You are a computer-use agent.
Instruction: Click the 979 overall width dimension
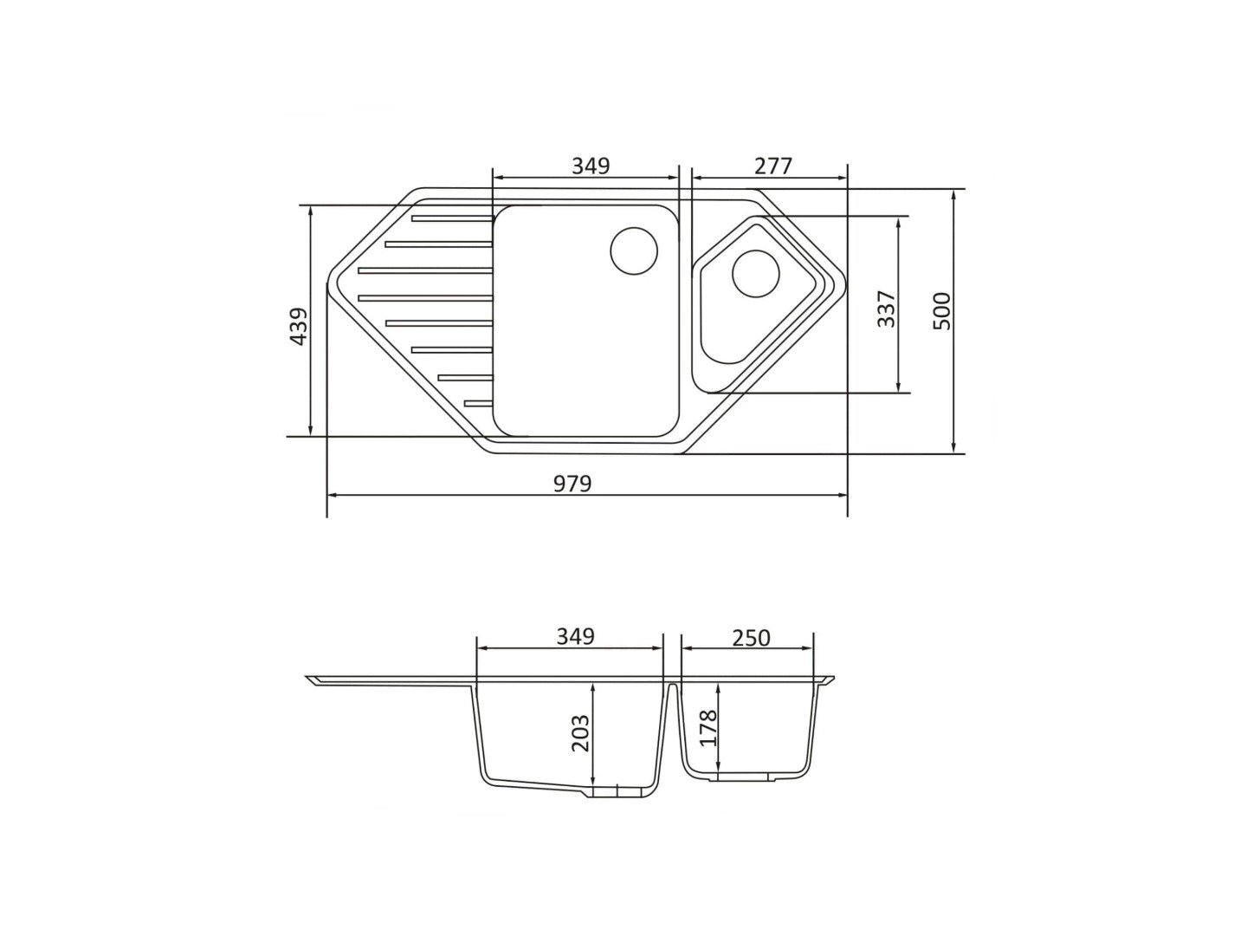click(572, 484)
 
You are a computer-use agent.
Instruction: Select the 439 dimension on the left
click(298, 326)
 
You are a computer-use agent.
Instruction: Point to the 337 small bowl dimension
click(886, 309)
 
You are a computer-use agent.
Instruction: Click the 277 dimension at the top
click(772, 166)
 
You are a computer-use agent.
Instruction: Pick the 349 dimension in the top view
click(591, 166)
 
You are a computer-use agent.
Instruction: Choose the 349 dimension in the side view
click(575, 637)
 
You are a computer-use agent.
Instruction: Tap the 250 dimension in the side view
click(751, 638)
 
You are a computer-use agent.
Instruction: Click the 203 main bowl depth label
click(580, 733)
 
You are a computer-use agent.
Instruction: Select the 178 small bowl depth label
click(709, 728)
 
